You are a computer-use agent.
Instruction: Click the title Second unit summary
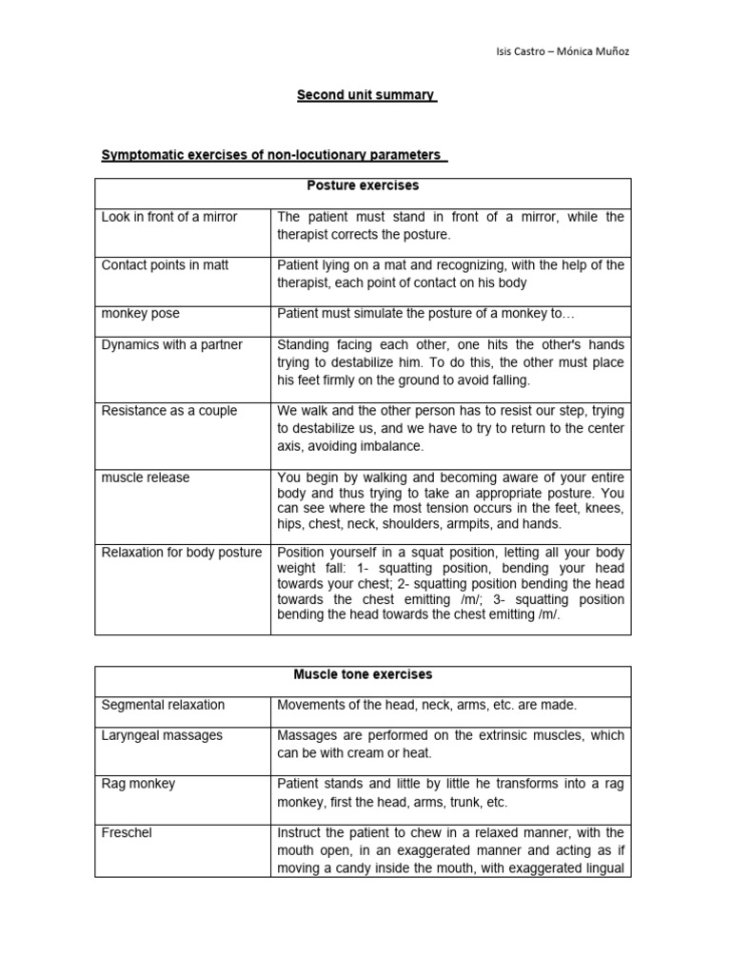click(x=365, y=95)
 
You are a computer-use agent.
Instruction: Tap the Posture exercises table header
click(x=363, y=185)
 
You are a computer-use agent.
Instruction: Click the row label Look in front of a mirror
click(x=169, y=217)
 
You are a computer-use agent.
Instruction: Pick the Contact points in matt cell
click(x=165, y=264)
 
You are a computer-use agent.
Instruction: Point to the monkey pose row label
click(x=140, y=312)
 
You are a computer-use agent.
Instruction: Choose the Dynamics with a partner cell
click(x=171, y=344)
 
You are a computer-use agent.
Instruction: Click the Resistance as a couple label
click(x=169, y=411)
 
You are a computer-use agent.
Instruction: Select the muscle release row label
click(x=146, y=477)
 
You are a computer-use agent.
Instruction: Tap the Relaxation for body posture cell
click(x=182, y=552)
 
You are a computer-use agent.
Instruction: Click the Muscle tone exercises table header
click(x=363, y=674)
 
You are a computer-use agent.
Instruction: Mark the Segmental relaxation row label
click(x=163, y=705)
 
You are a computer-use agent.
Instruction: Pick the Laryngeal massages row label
click(x=162, y=735)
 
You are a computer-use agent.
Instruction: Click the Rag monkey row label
click(x=138, y=784)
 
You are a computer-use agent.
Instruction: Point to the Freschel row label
click(x=127, y=832)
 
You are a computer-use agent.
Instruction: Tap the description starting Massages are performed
click(x=450, y=744)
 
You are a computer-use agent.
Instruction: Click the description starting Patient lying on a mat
click(x=450, y=273)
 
